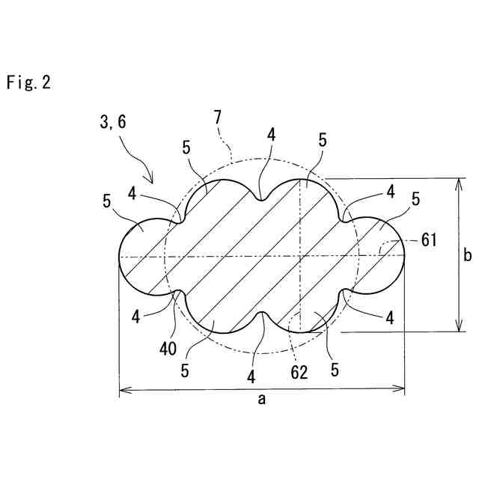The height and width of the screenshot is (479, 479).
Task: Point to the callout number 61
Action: point(428,241)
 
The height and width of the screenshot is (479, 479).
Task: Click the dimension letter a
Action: point(262,400)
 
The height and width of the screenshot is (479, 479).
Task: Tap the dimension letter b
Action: point(467,256)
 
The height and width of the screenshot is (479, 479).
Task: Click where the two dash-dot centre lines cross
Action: point(299,257)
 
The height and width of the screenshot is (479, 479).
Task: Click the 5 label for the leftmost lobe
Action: point(107,201)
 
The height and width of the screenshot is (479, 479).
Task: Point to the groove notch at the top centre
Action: point(261,199)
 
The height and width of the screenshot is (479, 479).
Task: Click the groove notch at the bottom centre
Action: point(263,314)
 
